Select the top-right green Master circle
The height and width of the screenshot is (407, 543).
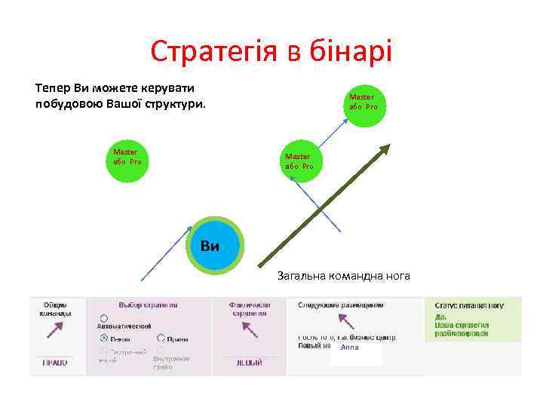[x=361, y=102]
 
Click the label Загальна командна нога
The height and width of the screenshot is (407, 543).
[x=343, y=276]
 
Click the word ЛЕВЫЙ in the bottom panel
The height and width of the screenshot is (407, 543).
[x=247, y=363]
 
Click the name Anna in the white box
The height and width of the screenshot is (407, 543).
[x=350, y=347]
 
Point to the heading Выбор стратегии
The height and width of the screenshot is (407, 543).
[x=148, y=305]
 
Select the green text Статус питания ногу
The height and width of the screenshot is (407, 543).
[x=468, y=305]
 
